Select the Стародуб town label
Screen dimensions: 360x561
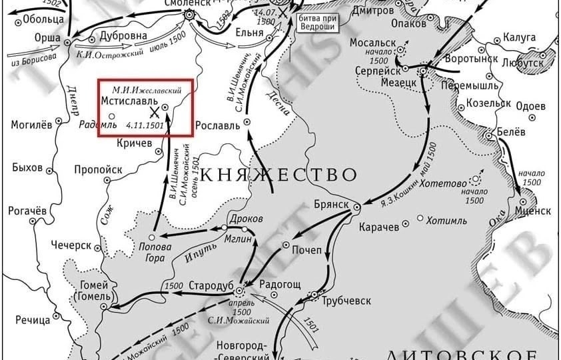point(211,285)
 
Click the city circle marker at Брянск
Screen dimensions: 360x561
point(356,207)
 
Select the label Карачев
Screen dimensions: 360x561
point(379,227)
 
